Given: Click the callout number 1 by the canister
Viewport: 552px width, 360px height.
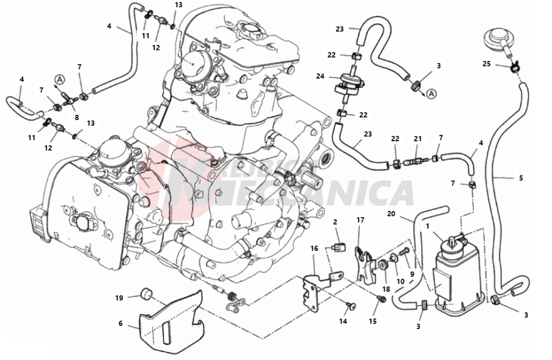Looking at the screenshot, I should [x=427, y=226].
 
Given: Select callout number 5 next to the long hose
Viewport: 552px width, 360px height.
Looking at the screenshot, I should [x=520, y=178].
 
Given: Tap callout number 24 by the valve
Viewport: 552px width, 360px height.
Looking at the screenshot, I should [x=320, y=76].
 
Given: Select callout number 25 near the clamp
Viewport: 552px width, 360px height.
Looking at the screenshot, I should [x=486, y=64].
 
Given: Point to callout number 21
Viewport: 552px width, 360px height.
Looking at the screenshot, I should [x=418, y=138].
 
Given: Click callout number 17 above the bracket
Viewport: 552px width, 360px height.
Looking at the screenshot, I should [x=360, y=220].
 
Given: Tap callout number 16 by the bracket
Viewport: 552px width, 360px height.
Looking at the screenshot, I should [x=314, y=249].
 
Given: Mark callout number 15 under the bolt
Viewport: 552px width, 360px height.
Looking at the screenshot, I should [x=372, y=321].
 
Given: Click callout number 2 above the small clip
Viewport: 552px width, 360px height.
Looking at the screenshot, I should [x=335, y=222].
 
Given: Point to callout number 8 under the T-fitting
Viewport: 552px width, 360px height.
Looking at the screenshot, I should [x=76, y=118].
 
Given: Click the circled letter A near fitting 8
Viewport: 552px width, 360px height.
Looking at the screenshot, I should [x=59, y=80].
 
